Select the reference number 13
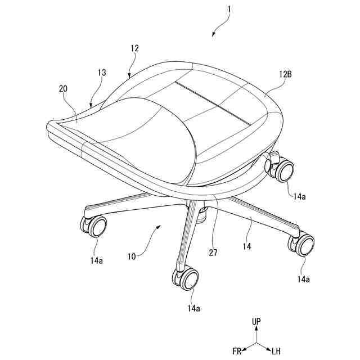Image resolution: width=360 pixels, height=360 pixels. (101, 73)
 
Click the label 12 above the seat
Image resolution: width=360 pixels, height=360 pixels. (134, 49)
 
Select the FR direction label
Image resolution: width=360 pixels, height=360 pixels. (237, 352)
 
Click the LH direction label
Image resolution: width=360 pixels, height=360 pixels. (276, 352)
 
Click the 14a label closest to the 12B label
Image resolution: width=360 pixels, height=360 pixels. (300, 196)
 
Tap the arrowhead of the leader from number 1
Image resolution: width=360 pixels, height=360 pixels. (214, 35)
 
